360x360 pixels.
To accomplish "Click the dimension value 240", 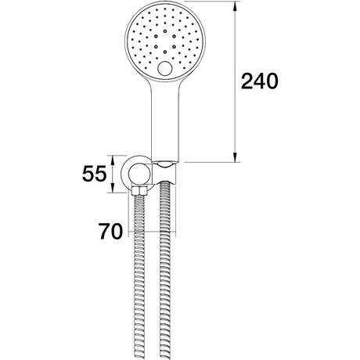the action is [x=260, y=81].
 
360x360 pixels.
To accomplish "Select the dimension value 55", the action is [x=95, y=174].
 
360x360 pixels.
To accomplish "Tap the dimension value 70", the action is [x=110, y=232].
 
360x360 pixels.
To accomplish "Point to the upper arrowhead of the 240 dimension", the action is [x=235, y=5].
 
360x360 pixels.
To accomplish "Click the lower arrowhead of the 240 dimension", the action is [x=235, y=157].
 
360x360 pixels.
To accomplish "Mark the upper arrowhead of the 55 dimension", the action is [x=113, y=160].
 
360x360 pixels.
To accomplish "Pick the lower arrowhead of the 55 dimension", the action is [x=113, y=188].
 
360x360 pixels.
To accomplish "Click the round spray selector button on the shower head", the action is [x=164, y=68].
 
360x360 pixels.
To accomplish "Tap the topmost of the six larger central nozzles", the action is [x=165, y=31].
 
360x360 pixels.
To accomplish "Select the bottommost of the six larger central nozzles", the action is [x=165, y=52].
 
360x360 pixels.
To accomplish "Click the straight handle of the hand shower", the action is [x=165, y=120].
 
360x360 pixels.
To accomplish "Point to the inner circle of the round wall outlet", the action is [x=139, y=175].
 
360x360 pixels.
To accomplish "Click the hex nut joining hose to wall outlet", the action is [x=139, y=191].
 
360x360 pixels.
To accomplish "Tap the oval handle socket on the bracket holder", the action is [x=164, y=164].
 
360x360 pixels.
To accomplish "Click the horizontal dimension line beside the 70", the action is [x=152, y=232].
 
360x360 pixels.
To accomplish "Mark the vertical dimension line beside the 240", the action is [x=235, y=81].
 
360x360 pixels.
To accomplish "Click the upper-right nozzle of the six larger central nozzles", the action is [x=174, y=36].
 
